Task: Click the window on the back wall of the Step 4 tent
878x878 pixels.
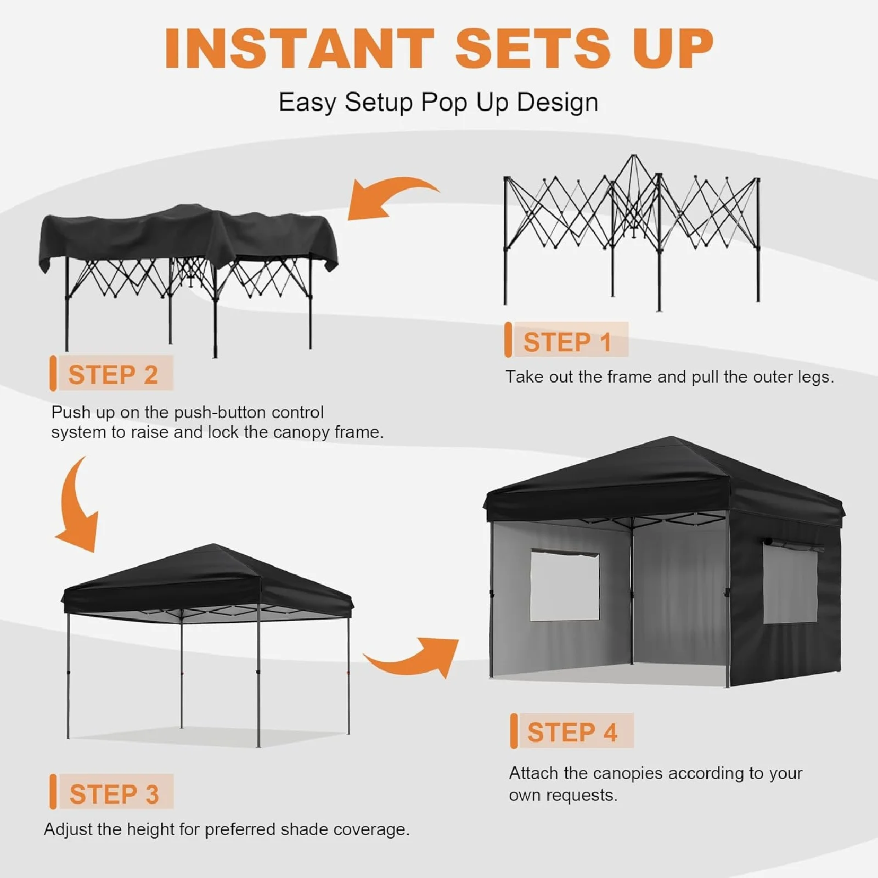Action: tap(564, 586)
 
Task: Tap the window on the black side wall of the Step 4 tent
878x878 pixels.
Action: tap(790, 585)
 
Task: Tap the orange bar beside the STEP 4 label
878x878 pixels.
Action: tap(514, 731)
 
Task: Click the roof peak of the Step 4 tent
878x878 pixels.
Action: tap(672, 438)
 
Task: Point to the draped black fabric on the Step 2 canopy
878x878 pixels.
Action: tap(187, 236)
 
